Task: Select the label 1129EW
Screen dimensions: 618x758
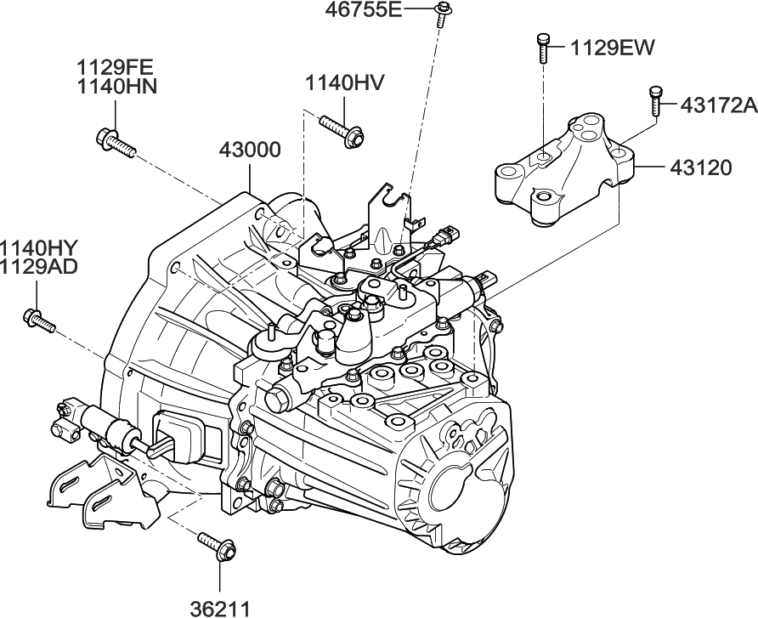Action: [613, 48]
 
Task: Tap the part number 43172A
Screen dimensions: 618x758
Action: [717, 105]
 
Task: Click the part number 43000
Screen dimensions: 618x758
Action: [250, 150]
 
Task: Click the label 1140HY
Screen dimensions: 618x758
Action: [39, 247]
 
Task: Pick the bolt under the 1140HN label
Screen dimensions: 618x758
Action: [116, 142]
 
